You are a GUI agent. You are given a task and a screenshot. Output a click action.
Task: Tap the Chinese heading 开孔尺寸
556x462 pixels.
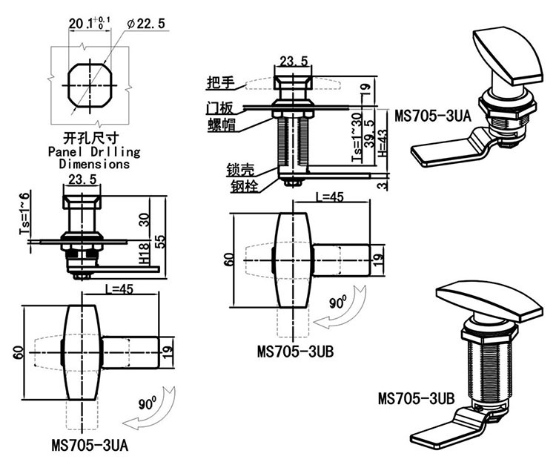tap(92, 138)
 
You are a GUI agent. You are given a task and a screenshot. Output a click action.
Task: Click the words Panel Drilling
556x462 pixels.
tap(93, 151)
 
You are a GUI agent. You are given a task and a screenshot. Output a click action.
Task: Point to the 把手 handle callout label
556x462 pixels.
tap(219, 82)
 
